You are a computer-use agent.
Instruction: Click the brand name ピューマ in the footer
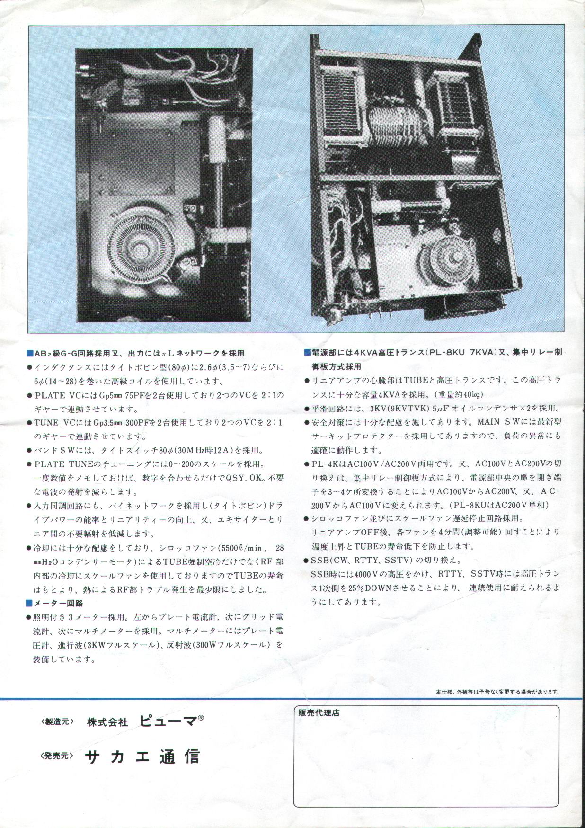click(x=168, y=721)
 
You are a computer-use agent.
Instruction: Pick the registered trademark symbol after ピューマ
click(x=201, y=718)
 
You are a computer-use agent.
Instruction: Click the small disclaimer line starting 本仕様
click(x=497, y=691)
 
